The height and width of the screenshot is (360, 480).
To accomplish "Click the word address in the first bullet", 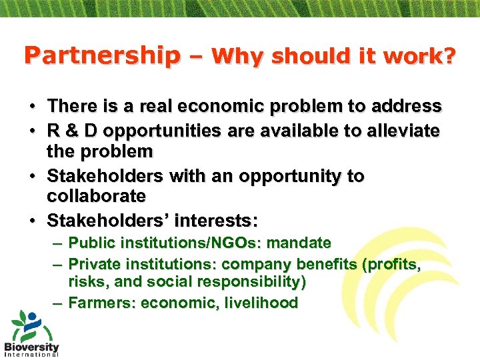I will [x=405, y=106].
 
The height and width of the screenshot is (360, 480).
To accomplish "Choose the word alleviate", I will [x=399, y=131].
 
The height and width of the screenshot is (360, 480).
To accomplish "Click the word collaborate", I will [x=96, y=196].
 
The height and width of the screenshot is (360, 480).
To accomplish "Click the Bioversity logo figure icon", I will [x=30, y=326].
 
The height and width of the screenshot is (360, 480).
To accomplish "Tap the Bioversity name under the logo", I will [x=31, y=347].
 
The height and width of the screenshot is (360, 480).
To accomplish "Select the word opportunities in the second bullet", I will [x=157, y=131].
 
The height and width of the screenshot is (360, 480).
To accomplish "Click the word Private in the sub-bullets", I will [x=93, y=264].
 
